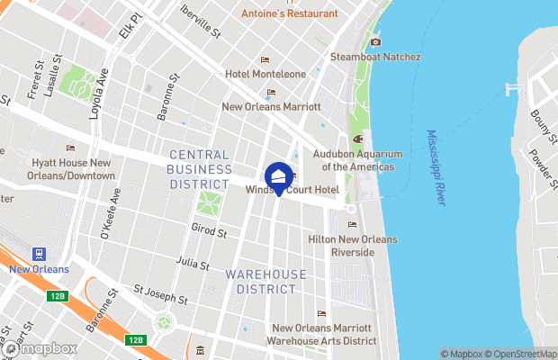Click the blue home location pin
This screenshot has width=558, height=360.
279,177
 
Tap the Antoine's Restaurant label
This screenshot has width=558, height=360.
290,13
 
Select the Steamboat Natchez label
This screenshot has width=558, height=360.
375,57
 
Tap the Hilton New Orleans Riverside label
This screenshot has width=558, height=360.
353,246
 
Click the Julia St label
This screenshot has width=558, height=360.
193,265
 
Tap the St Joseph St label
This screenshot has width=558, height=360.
159,294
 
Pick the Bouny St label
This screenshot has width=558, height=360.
543,118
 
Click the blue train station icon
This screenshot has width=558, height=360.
39,255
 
